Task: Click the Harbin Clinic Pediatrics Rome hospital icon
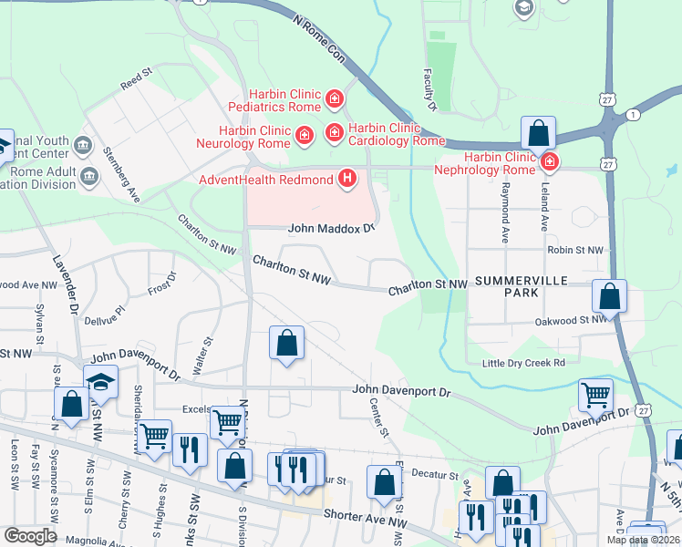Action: [x=335, y=98]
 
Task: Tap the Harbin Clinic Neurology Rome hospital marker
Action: [x=305, y=136]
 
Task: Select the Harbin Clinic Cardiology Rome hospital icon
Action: [x=335, y=135]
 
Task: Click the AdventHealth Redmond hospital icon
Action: [x=346, y=178]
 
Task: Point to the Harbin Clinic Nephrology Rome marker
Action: [x=548, y=163]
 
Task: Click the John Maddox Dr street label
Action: [x=332, y=228]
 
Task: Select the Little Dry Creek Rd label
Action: [x=524, y=363]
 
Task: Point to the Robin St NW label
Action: [x=575, y=250]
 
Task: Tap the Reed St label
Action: [x=136, y=77]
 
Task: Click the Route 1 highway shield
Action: [x=632, y=114]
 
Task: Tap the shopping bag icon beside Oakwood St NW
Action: [x=609, y=296]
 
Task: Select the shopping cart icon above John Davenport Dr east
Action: [x=595, y=395]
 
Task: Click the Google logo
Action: [x=31, y=535]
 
